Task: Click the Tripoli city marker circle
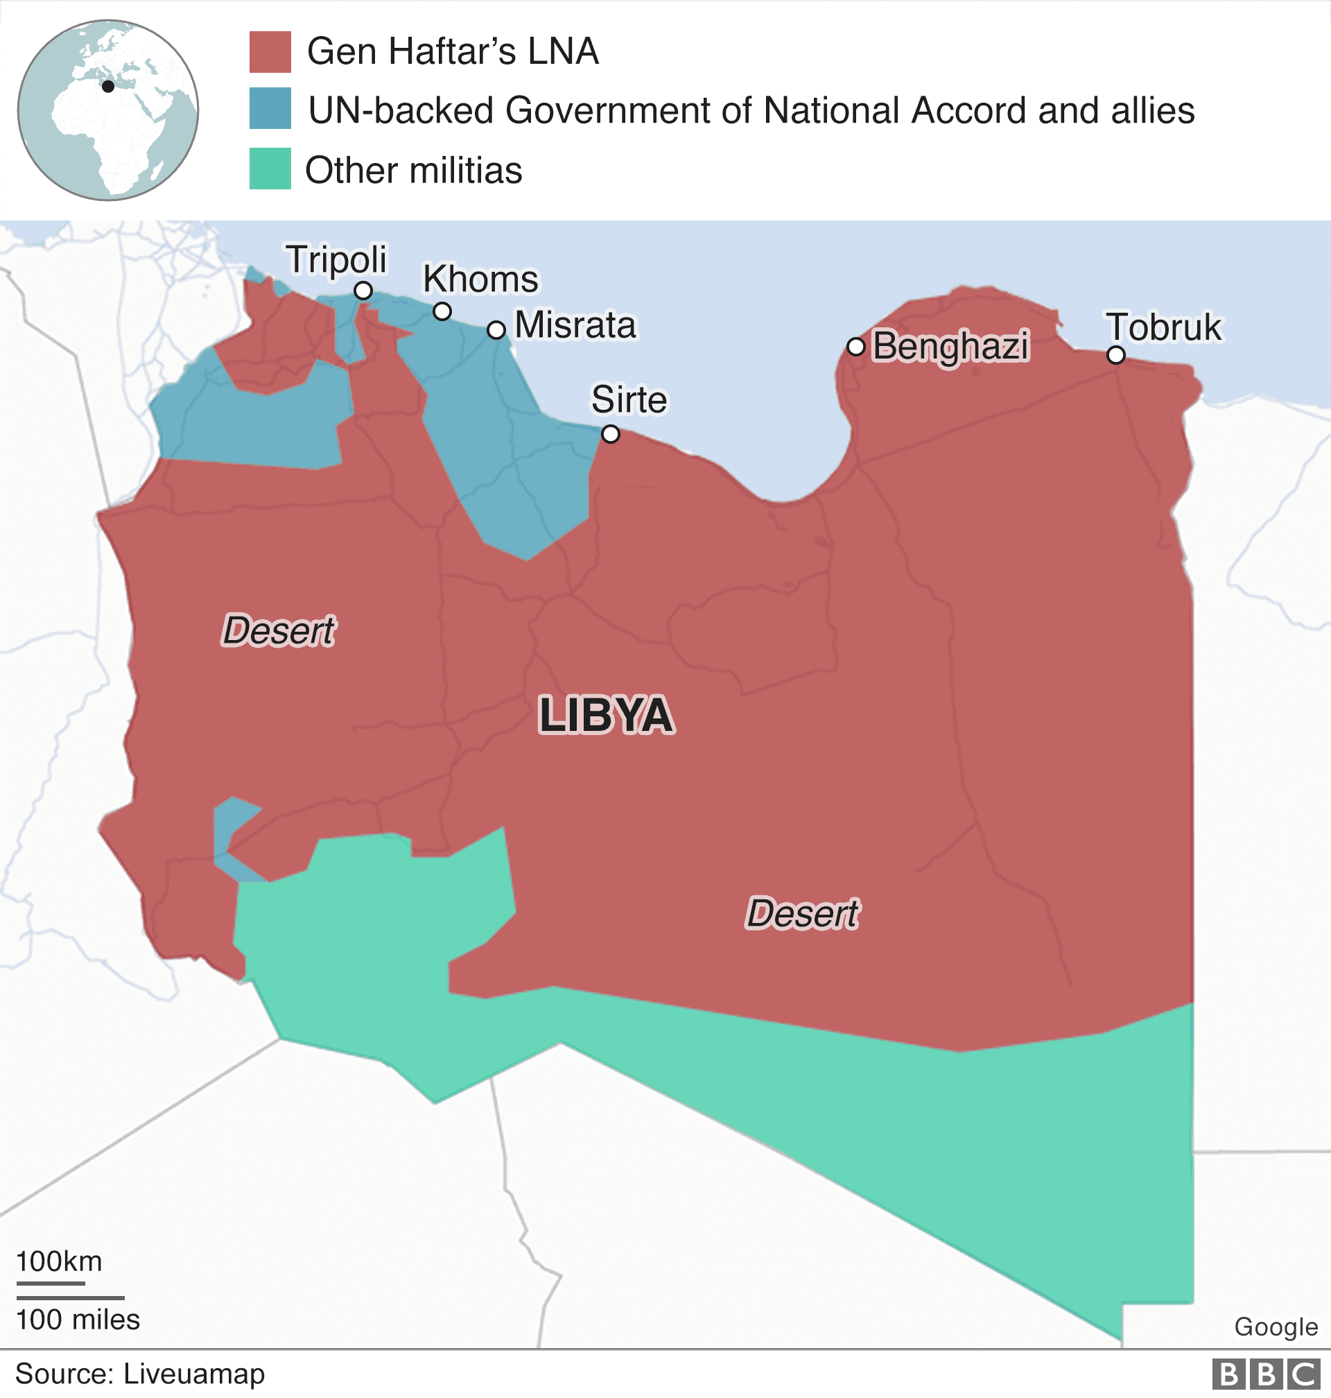point(363,291)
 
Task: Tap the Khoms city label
point(480,279)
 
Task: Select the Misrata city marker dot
point(496,330)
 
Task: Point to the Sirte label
point(629,399)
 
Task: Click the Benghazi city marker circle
point(856,346)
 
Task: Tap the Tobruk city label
point(1163,327)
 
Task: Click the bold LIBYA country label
point(606,715)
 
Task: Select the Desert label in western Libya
point(278,630)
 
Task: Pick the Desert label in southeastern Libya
point(803,913)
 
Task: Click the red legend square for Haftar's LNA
point(270,52)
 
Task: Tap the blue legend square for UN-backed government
point(270,109)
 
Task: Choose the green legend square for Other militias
point(270,169)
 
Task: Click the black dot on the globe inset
point(108,87)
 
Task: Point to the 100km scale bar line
point(51,1283)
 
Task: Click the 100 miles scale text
point(78,1320)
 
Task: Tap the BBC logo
point(1265,1374)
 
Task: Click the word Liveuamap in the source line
point(193,1374)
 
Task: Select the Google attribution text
point(1276,1327)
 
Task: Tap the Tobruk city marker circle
point(1116,355)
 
